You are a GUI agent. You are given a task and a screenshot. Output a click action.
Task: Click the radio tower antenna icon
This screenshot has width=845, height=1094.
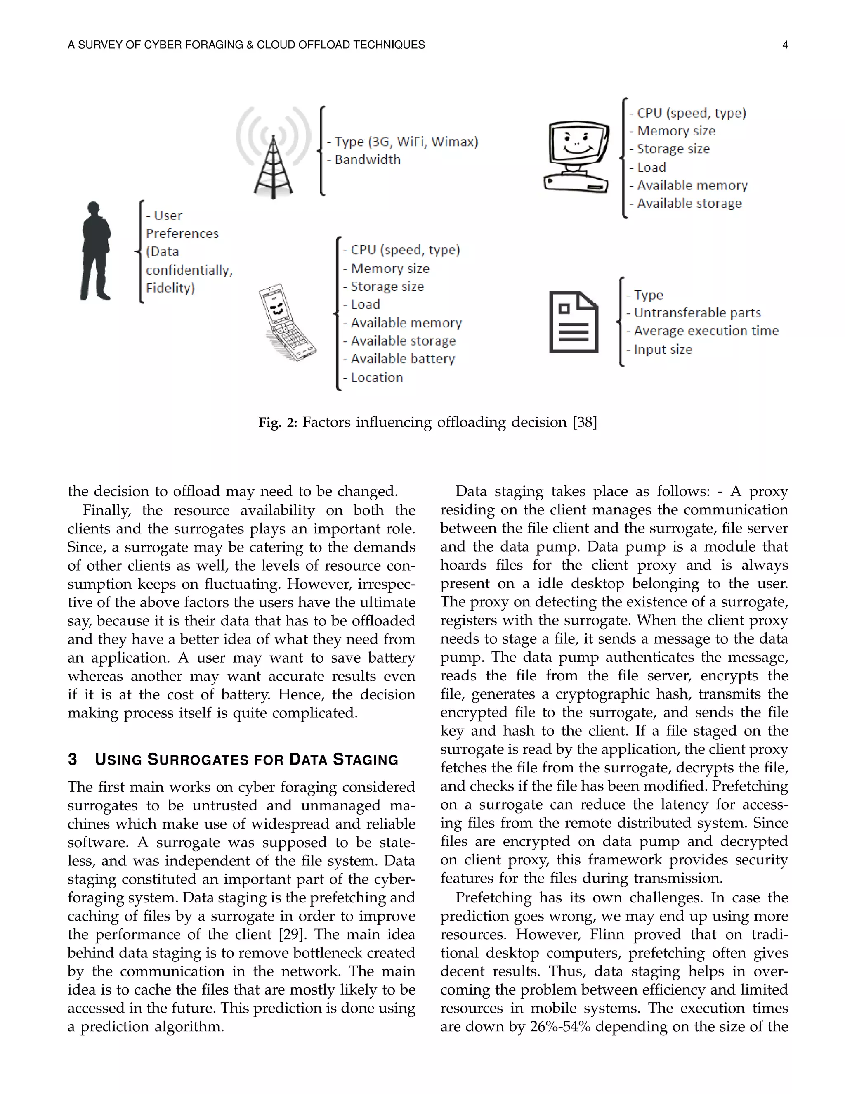(x=273, y=153)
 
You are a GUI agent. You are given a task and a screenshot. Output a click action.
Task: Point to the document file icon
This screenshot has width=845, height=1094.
(x=574, y=322)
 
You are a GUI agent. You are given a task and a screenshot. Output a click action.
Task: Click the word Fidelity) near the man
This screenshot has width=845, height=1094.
(x=170, y=288)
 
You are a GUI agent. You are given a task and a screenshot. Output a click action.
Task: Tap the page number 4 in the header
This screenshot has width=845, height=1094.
(x=785, y=45)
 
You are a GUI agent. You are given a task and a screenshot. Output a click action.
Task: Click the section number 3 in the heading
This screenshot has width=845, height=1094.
(x=73, y=759)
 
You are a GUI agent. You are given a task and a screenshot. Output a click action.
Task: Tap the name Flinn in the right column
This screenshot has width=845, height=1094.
(x=607, y=935)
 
